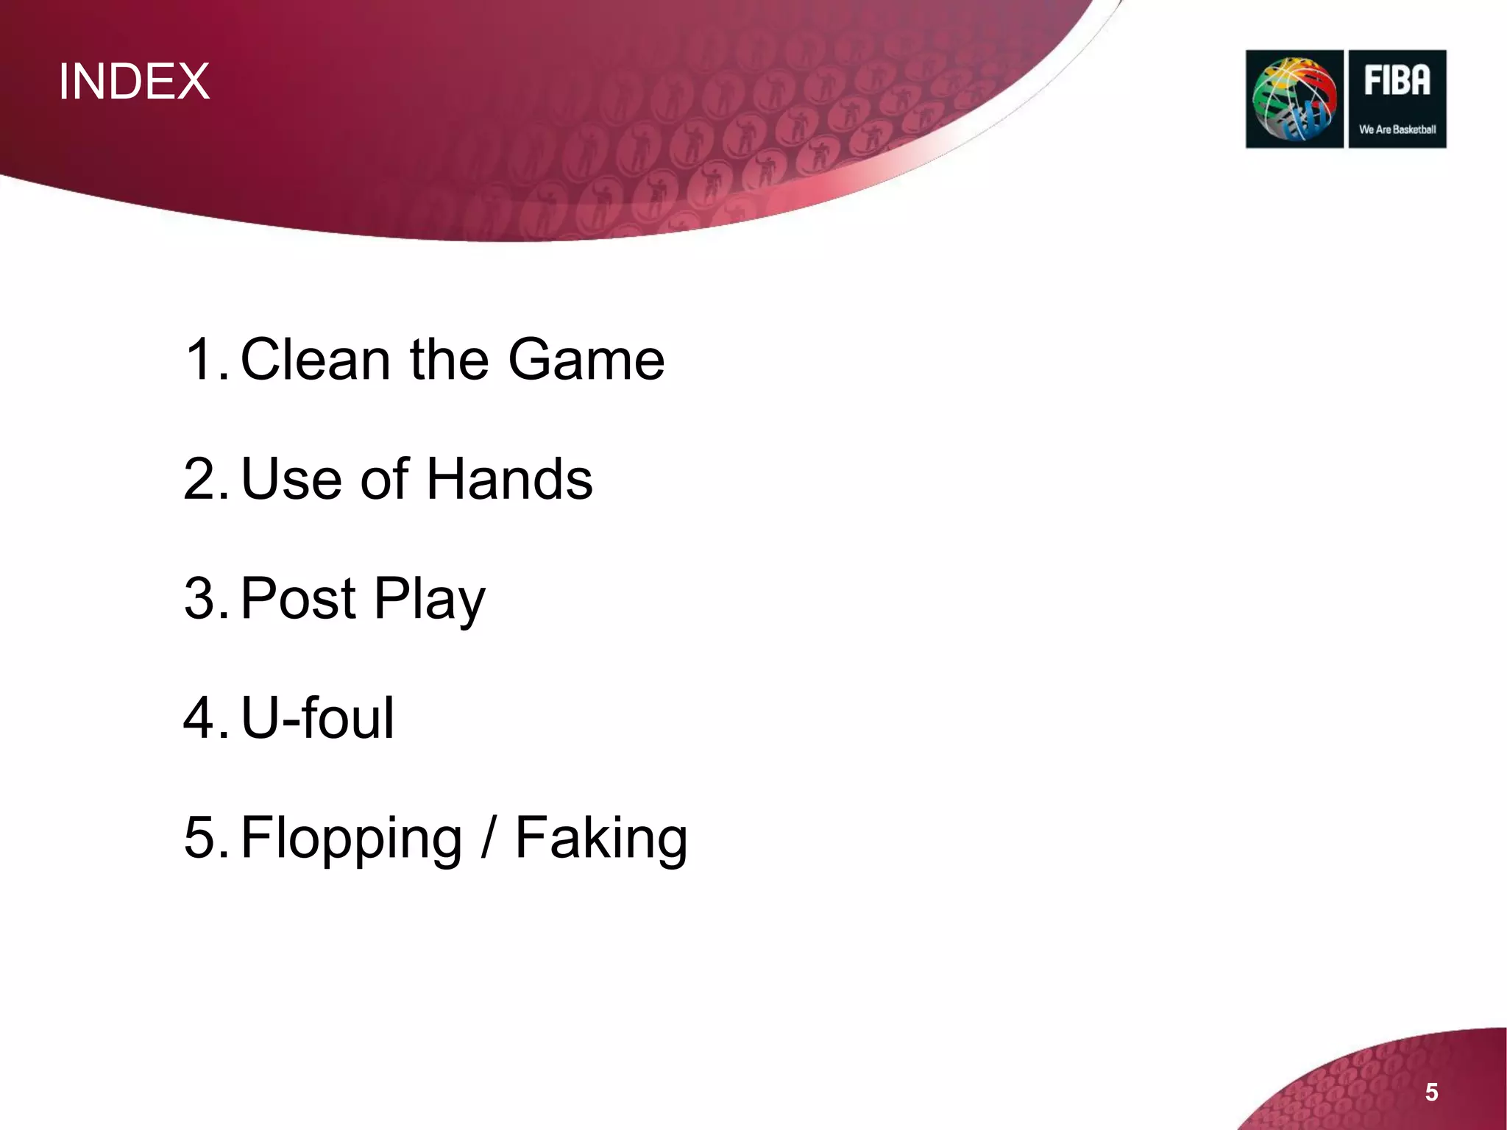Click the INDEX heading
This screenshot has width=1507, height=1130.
pos(134,81)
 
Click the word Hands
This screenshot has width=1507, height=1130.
pos(509,479)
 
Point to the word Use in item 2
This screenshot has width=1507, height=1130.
pos(291,479)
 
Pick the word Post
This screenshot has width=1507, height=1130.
pos(298,598)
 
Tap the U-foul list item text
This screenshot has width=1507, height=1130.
pos(317,717)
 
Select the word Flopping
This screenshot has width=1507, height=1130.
pos(351,839)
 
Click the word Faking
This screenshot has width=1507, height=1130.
pos(600,839)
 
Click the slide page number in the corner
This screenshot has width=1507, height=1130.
pos(1431,1092)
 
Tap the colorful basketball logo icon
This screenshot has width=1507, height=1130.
pos(1294,99)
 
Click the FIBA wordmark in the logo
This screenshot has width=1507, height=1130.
pos(1397,81)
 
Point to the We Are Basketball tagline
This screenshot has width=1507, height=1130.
pos(1397,129)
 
